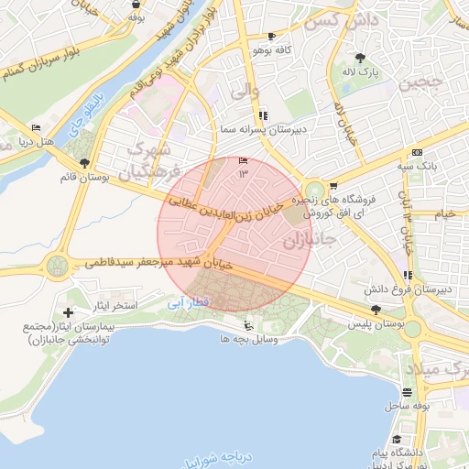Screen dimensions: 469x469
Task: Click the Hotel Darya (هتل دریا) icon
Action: (x=36, y=127)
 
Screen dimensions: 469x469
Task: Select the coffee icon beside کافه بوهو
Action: (x=270, y=37)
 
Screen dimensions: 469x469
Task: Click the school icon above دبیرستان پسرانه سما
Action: (x=263, y=115)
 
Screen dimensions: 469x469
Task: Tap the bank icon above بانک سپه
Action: (x=417, y=152)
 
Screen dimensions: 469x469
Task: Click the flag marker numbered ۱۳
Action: (x=243, y=160)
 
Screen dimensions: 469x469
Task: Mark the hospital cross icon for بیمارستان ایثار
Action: (x=68, y=313)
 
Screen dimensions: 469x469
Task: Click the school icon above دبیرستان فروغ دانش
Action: (x=406, y=275)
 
